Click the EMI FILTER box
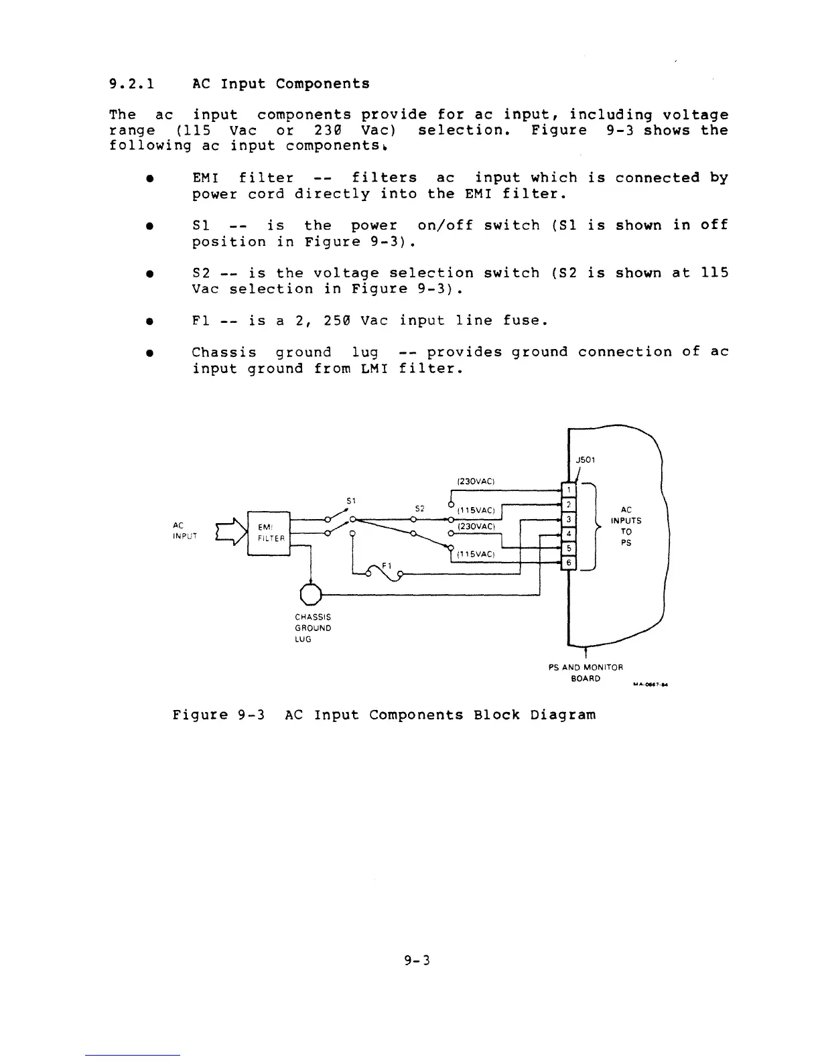269,532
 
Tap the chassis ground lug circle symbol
312,593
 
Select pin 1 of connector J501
568,490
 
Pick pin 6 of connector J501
568,563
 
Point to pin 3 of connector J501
568,519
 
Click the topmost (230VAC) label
475,480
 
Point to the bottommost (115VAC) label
475,555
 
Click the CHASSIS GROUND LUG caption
313,628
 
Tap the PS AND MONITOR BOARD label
586,673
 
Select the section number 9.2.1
132,84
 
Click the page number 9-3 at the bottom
416,961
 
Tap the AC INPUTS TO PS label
626,526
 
